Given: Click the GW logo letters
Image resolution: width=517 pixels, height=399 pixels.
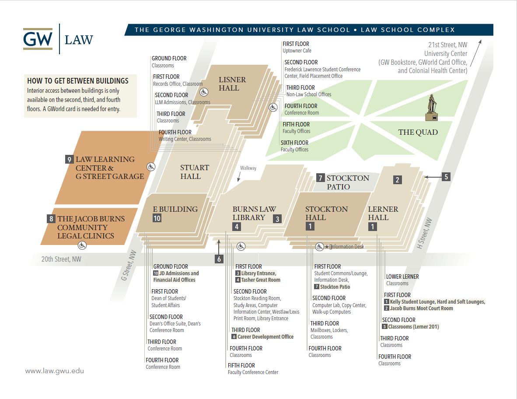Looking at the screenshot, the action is point(38,39).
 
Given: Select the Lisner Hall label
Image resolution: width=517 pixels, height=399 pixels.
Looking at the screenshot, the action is point(232,84).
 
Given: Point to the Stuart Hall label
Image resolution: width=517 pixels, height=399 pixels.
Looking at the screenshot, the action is point(194,172).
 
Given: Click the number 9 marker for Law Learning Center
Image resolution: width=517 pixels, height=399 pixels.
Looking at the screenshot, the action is point(69,160).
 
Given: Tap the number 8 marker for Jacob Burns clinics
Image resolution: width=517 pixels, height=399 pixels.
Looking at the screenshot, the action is point(51,219).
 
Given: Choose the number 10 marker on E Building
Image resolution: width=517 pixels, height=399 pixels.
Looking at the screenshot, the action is point(157,218).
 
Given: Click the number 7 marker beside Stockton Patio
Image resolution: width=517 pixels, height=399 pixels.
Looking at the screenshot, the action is point(320,178).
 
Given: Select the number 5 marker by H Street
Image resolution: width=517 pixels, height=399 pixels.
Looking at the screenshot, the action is point(446,177).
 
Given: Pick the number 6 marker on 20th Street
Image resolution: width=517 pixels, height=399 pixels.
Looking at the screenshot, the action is point(219,259).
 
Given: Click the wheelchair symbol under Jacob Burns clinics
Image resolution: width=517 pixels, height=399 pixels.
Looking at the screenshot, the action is point(82,245).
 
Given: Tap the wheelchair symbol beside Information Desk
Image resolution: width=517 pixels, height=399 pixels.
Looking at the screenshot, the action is point(319,246).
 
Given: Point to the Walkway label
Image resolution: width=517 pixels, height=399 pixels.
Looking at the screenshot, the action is point(248,168).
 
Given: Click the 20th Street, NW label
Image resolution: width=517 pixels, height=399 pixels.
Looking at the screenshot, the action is point(61,259).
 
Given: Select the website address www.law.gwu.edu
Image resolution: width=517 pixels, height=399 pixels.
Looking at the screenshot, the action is point(54,371).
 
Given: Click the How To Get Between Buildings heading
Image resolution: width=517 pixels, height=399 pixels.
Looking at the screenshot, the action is point(78,81).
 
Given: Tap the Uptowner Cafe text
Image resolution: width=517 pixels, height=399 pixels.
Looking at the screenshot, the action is point(297,51).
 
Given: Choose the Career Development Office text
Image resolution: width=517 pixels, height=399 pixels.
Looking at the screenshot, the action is point(265,337).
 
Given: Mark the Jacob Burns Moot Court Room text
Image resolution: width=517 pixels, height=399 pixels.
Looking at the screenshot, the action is point(421,308).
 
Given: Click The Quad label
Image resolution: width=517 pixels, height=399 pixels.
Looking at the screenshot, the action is point(418,132).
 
